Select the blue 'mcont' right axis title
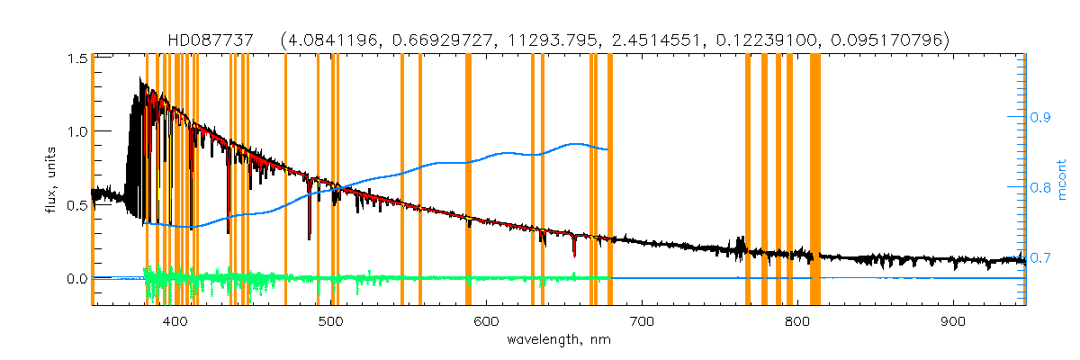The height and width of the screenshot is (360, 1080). click(1062, 179)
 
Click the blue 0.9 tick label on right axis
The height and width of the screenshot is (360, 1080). click(1041, 117)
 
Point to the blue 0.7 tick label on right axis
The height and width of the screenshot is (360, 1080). click(1041, 258)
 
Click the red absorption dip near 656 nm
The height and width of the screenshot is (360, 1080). click(573, 247)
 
